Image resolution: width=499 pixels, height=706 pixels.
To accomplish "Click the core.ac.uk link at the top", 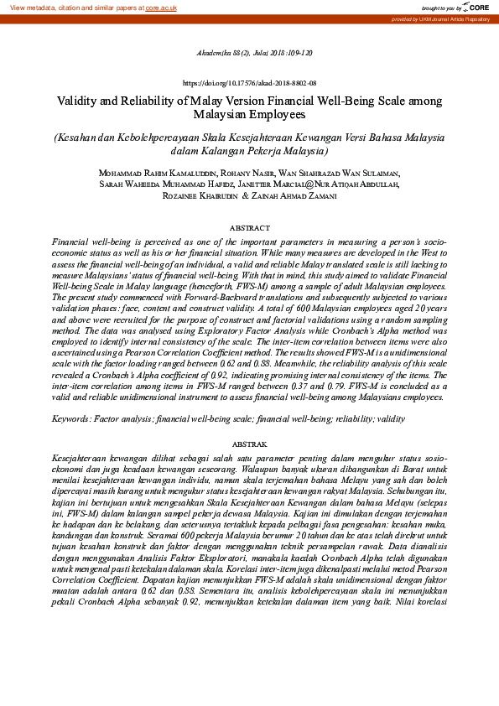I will pyautogui.click(x=161, y=7).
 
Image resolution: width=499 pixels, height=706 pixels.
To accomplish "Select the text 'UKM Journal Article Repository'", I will pyautogui.click(x=458, y=18).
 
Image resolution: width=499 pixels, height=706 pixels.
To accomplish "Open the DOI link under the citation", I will pyautogui.click(x=249, y=84).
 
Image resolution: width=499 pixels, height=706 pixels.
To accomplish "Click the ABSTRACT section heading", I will pyautogui.click(x=249, y=228).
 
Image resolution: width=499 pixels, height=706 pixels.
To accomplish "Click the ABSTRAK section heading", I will pyautogui.click(x=249, y=443).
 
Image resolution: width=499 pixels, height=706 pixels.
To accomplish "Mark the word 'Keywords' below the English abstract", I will pyautogui.click(x=72, y=417).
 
